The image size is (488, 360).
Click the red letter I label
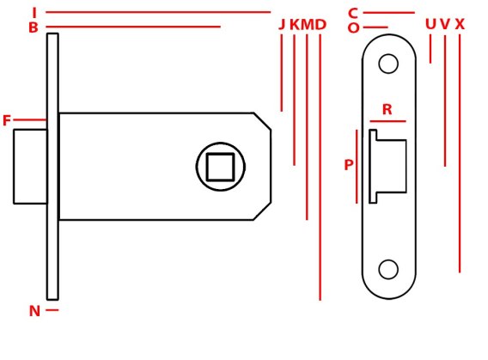34,13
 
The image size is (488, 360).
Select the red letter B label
34,27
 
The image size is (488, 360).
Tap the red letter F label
7,120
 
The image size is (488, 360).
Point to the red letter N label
34,311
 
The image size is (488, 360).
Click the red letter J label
282,25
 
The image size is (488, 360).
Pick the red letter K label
295,25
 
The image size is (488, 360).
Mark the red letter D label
320,25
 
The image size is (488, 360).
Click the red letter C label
353,14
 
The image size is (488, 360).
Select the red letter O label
353,28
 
